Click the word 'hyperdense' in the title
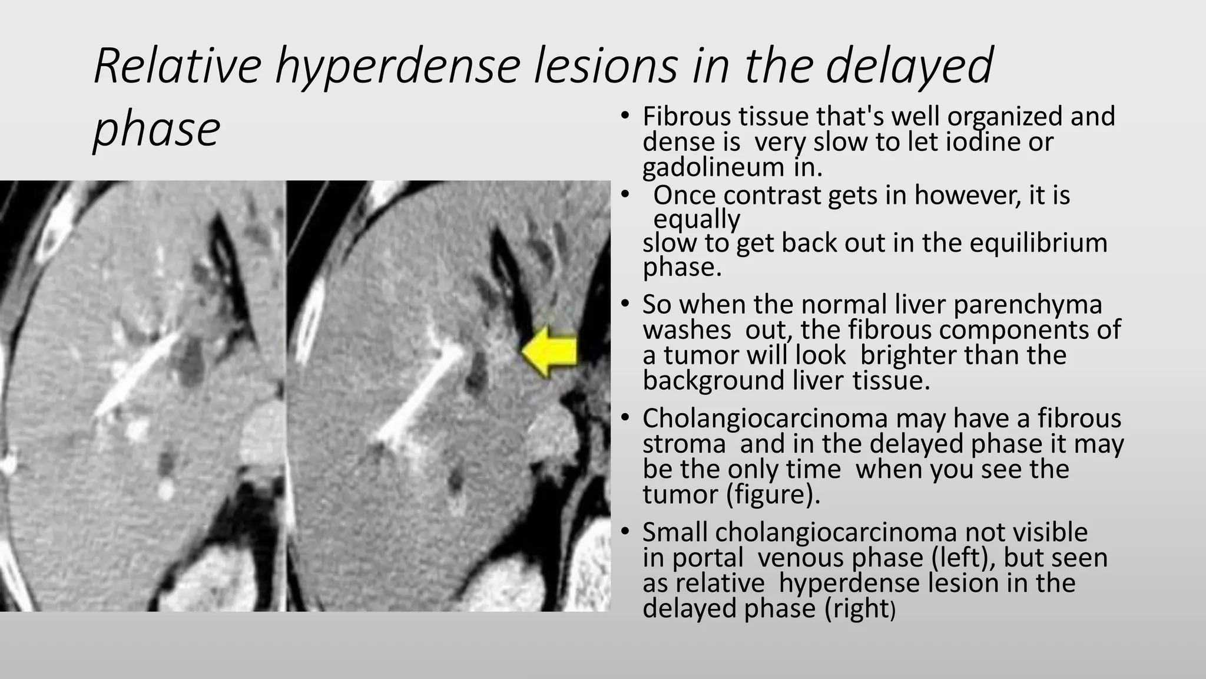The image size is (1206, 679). point(397,66)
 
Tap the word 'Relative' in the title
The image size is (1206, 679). point(177,66)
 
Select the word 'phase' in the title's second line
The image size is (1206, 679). point(157,130)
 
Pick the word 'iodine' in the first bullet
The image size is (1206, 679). point(980,142)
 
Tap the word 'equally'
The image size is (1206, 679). point(697,219)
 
